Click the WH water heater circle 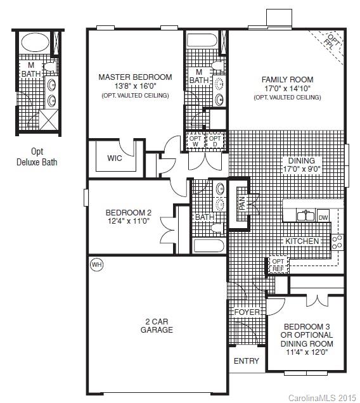(96, 264)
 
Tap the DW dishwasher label (323, 217)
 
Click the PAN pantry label (242, 203)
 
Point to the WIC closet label (115, 158)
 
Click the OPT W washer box (195, 141)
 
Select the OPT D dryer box (215, 141)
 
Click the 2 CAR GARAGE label (157, 325)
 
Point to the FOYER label (246, 312)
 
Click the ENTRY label (247, 361)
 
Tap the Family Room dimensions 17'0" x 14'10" (286, 89)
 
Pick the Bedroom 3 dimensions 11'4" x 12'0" (307, 352)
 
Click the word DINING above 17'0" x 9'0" (301, 161)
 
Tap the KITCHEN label (302, 241)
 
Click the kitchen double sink (305, 216)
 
